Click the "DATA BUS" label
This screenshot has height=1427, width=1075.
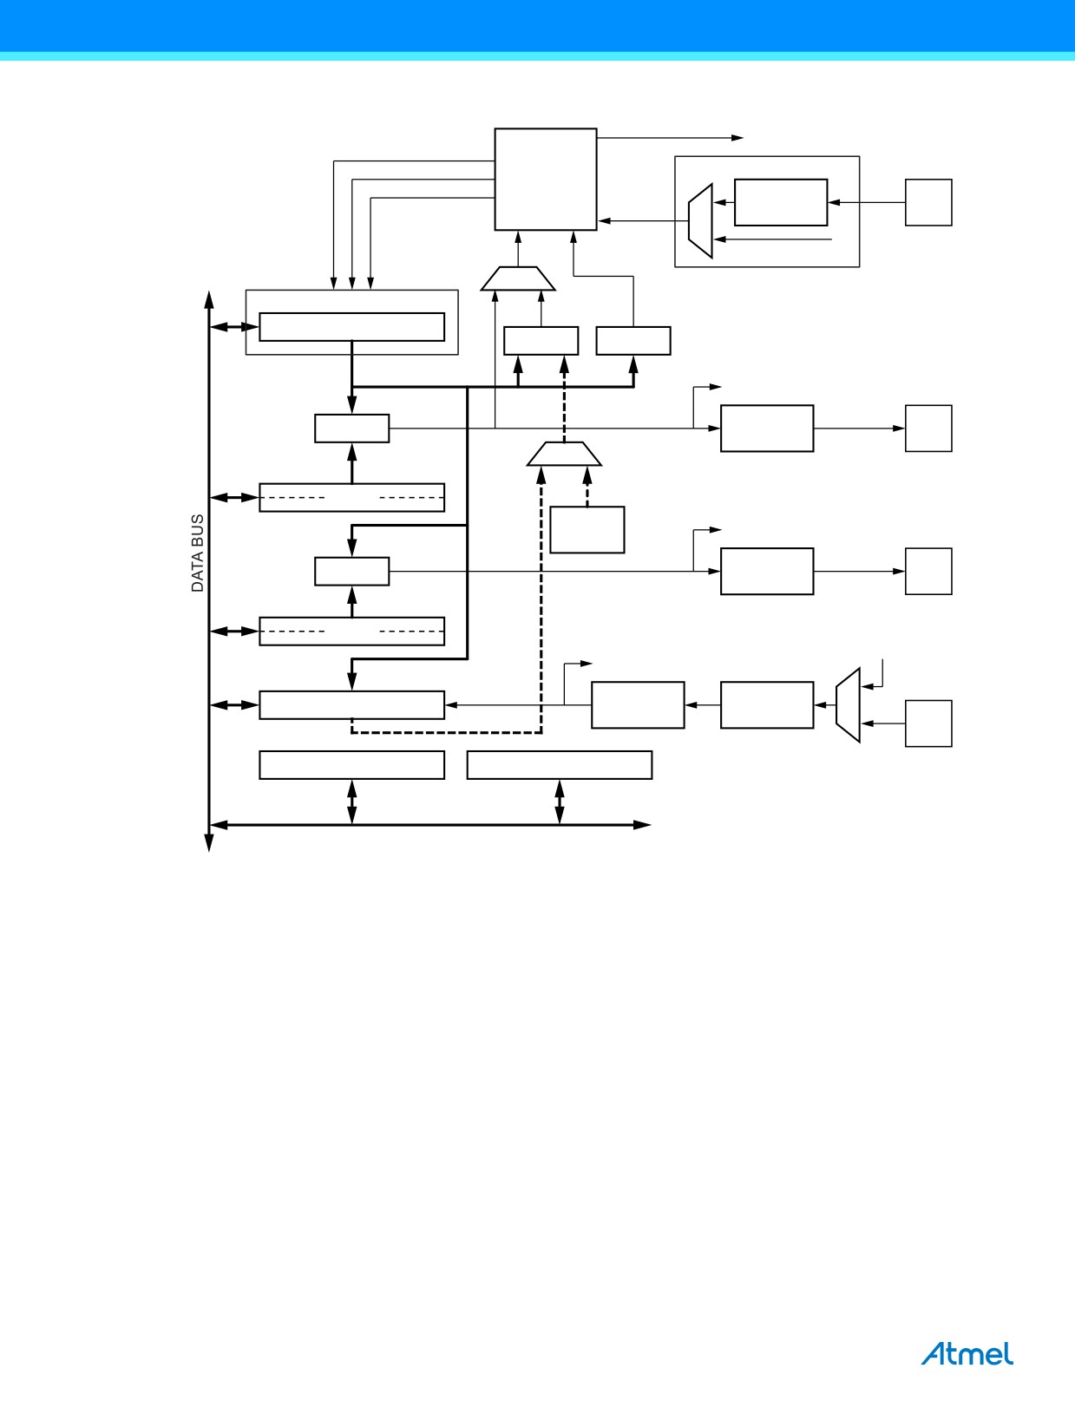coord(198,553)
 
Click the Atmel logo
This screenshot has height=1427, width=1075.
coord(967,1353)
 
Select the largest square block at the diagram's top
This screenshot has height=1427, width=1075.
coord(545,180)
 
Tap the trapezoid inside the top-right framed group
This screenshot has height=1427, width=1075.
coord(701,221)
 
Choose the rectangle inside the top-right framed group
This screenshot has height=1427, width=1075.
coord(781,202)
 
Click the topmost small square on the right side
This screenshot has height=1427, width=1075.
coord(928,202)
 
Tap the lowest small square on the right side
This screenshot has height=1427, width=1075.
coord(928,723)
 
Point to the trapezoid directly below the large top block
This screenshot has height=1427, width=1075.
coord(518,278)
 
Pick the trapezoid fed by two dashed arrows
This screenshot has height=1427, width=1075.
coord(564,454)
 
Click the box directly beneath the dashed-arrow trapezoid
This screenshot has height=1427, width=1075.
coord(587,530)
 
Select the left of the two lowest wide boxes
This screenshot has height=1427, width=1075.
coord(351,765)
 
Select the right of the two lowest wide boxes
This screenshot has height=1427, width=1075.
coord(560,765)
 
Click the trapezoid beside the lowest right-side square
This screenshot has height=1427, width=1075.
coord(849,705)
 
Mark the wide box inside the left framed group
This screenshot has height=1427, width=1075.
coord(351,327)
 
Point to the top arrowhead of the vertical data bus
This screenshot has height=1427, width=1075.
coord(209,299)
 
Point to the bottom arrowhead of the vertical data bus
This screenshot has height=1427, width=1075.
coord(209,842)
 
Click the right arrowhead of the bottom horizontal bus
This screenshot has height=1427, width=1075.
coord(642,825)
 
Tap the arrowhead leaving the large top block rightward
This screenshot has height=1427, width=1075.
coord(737,138)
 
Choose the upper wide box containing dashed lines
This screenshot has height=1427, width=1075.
coord(351,497)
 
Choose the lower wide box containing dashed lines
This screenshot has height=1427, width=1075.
coord(351,632)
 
